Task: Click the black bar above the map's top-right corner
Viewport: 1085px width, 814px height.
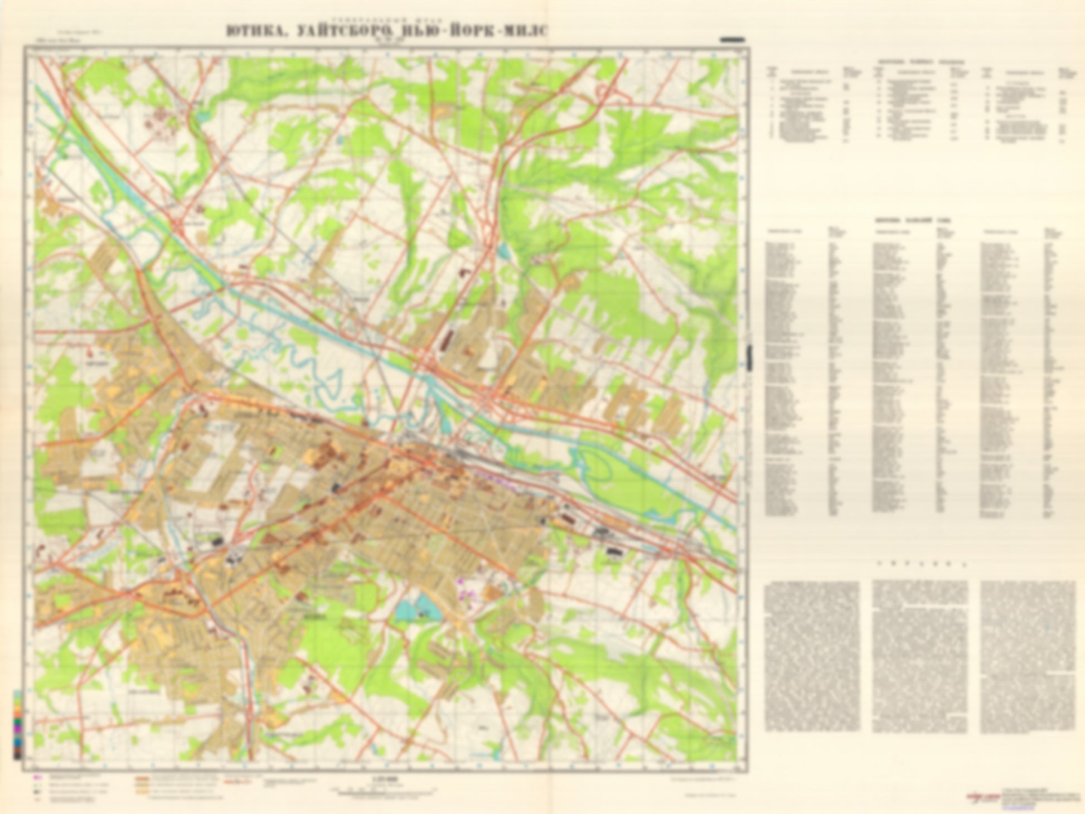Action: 732,40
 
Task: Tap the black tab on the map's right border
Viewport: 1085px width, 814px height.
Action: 750,357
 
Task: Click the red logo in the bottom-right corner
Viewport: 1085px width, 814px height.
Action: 982,797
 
